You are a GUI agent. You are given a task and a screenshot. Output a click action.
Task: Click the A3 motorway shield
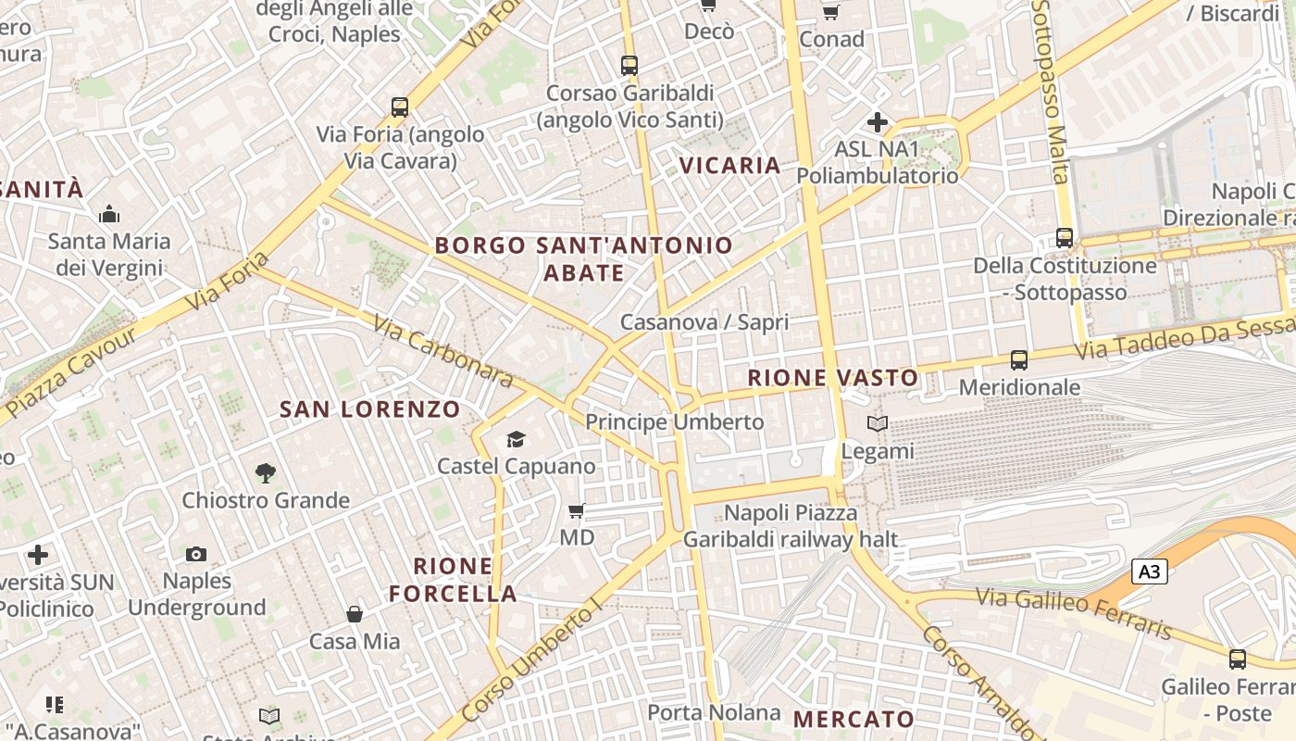pyautogui.click(x=1149, y=571)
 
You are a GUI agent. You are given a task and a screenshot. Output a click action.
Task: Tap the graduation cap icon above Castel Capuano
pyautogui.click(x=516, y=439)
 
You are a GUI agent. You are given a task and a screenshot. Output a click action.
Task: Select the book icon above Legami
pyautogui.click(x=877, y=424)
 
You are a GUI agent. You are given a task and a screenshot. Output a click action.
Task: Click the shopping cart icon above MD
pyautogui.click(x=577, y=510)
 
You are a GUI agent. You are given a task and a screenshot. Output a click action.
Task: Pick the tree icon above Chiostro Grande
pyautogui.click(x=266, y=473)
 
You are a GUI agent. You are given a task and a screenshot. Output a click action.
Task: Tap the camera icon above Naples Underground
pyautogui.click(x=196, y=554)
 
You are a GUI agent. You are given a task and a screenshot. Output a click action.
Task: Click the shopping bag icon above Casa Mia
pyautogui.click(x=355, y=614)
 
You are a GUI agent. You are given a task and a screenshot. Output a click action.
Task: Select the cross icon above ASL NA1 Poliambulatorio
pyautogui.click(x=878, y=122)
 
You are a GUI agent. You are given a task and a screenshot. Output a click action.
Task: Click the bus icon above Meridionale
pyautogui.click(x=1019, y=360)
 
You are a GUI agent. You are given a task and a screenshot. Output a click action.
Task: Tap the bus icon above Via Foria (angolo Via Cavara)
pyautogui.click(x=400, y=107)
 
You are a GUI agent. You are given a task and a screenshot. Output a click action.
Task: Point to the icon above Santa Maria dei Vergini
pyautogui.click(x=109, y=215)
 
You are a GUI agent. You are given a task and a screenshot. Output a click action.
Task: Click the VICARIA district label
pyautogui.click(x=730, y=166)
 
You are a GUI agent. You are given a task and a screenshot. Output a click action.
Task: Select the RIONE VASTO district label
pyautogui.click(x=833, y=378)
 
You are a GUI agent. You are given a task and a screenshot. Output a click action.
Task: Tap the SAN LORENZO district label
pyautogui.click(x=370, y=408)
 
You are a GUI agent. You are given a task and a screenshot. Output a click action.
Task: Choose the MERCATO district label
pyautogui.click(x=854, y=719)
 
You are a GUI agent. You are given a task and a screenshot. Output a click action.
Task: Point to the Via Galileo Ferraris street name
pyautogui.click(x=1074, y=614)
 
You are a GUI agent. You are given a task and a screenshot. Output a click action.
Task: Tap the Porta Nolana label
pyautogui.click(x=714, y=712)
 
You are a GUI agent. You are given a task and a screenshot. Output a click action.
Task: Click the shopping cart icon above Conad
pyautogui.click(x=831, y=13)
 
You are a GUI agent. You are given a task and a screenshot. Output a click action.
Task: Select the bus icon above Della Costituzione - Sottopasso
pyautogui.click(x=1065, y=238)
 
